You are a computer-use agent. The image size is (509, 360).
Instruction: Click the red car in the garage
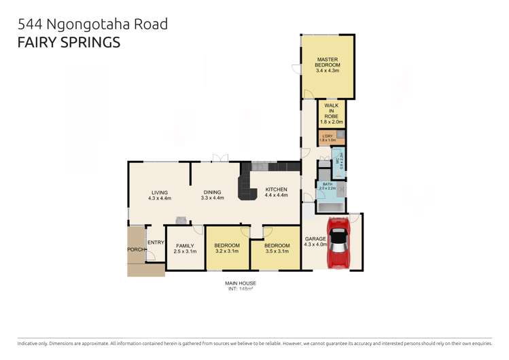(x=338, y=242)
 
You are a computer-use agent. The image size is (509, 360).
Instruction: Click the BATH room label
(x=327, y=186)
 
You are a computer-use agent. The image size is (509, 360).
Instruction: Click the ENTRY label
(x=156, y=242)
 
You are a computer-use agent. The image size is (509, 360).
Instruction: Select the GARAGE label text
(x=315, y=239)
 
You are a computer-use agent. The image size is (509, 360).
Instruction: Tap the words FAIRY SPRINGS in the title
(x=68, y=42)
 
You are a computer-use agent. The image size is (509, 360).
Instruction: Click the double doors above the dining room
(x=220, y=159)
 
